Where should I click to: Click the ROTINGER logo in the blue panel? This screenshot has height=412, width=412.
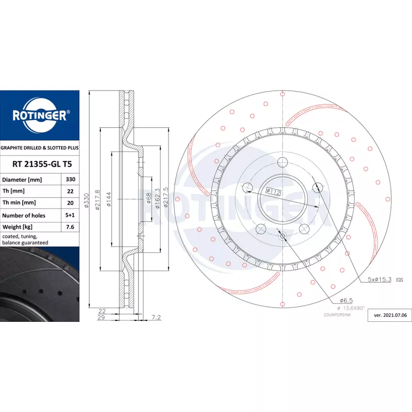pos(40,115)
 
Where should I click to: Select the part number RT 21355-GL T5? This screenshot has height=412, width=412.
pos(42,164)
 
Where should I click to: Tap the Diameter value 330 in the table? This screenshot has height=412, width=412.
pos(71,179)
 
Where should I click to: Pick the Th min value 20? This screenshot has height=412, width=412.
pos(70,203)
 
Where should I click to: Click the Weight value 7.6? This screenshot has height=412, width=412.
pos(70,227)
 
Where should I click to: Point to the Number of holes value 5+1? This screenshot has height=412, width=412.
pos(70,215)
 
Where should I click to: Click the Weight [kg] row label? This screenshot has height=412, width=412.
pos(18,227)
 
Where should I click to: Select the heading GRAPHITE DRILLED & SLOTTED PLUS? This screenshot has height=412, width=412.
pos(40,148)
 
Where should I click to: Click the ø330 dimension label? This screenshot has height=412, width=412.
pos(87,201)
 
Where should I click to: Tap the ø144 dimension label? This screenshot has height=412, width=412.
pos(109,199)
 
